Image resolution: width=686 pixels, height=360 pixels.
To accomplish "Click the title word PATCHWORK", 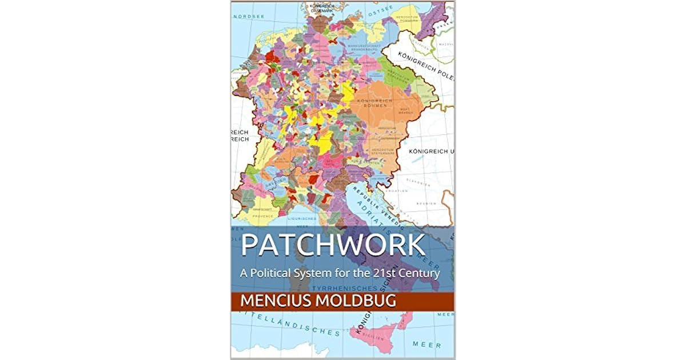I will tap(333, 245).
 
